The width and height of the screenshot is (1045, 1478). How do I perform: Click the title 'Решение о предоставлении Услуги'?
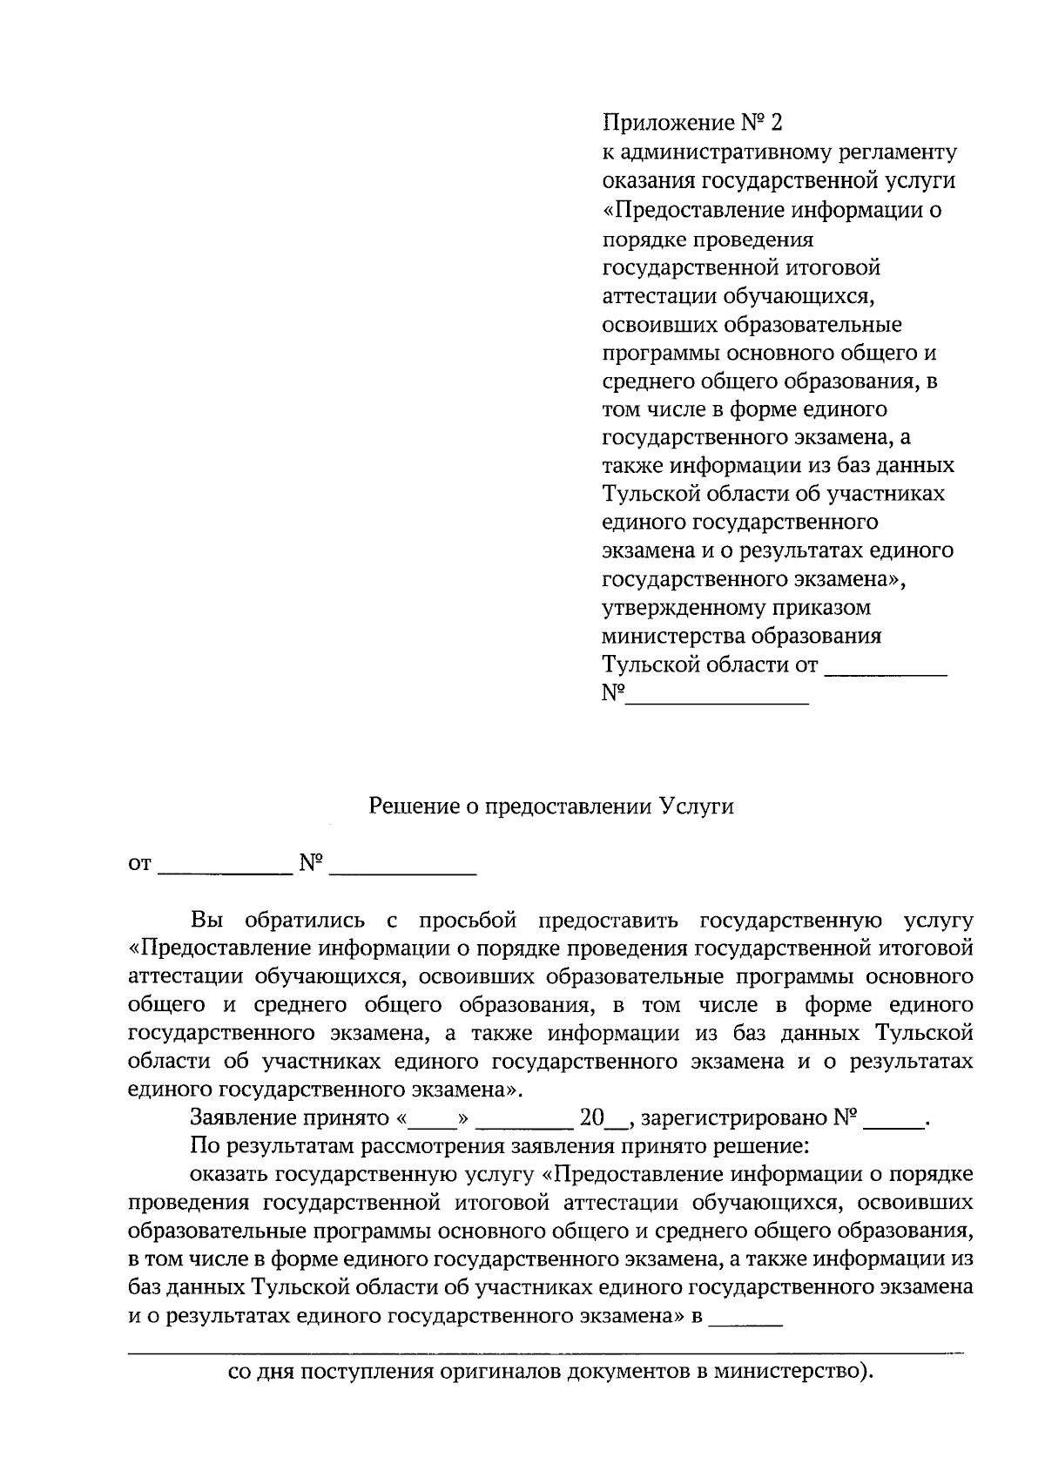click(x=551, y=806)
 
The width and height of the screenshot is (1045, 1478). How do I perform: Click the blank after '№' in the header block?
click(x=718, y=698)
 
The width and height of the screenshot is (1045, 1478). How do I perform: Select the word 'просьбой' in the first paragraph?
click(x=467, y=921)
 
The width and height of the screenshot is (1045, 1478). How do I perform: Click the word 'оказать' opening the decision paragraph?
click(x=228, y=1175)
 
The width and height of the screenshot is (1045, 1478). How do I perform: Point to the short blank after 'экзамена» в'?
click(x=746, y=1321)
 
